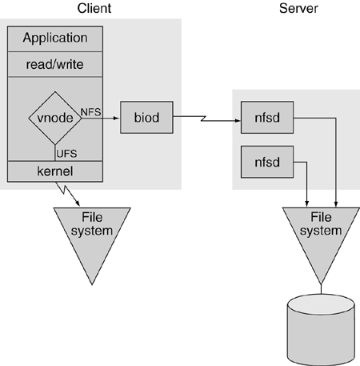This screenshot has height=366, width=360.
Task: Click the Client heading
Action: coord(94,8)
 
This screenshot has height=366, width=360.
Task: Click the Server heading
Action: coord(298,8)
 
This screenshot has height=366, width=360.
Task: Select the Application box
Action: coord(55,38)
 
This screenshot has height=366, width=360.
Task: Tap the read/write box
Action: coord(55,64)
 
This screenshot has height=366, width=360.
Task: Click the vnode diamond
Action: coord(55,118)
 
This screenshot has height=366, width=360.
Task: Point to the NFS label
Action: coord(90,112)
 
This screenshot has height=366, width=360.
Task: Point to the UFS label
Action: coord(66,154)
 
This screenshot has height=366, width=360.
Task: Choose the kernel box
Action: coord(55,171)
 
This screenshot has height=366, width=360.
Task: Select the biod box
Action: coord(146,118)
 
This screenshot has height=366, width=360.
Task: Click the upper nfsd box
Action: coord(267,118)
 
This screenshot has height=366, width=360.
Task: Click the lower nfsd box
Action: coord(267,162)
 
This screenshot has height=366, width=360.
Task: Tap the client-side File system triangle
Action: coord(92,235)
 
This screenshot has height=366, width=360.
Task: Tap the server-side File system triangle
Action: coord(321,235)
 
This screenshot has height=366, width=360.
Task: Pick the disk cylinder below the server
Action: coord(321,330)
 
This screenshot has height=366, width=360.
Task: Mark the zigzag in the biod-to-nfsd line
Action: coord(204,119)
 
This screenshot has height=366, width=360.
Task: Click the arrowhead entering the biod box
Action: coord(116,118)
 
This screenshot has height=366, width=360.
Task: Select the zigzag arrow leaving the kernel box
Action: coord(66,193)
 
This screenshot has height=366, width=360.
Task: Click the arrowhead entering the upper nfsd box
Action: coord(237,121)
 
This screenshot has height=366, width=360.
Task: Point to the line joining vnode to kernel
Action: coord(55,153)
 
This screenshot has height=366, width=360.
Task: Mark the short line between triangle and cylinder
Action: coord(321,289)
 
